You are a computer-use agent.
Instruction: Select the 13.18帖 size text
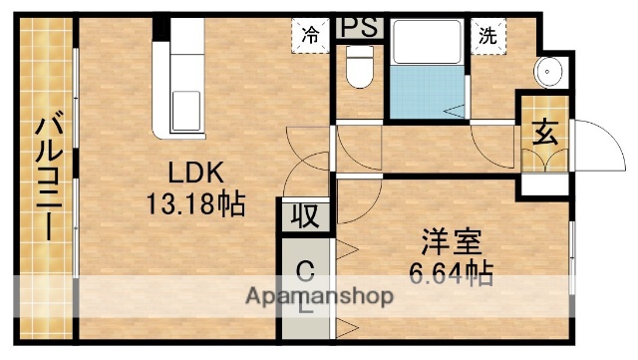pos(196,206)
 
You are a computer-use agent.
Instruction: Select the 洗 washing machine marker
pos(487,33)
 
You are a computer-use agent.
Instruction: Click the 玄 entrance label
pos(543,132)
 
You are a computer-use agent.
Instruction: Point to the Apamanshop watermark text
pos(320,296)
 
